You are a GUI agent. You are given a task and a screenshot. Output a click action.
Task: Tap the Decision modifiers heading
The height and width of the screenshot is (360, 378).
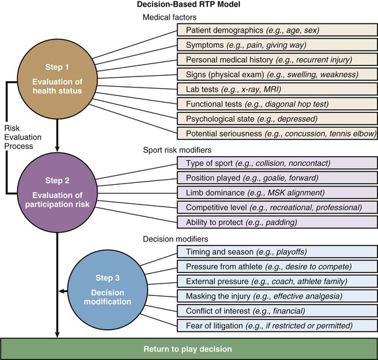[175, 238]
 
